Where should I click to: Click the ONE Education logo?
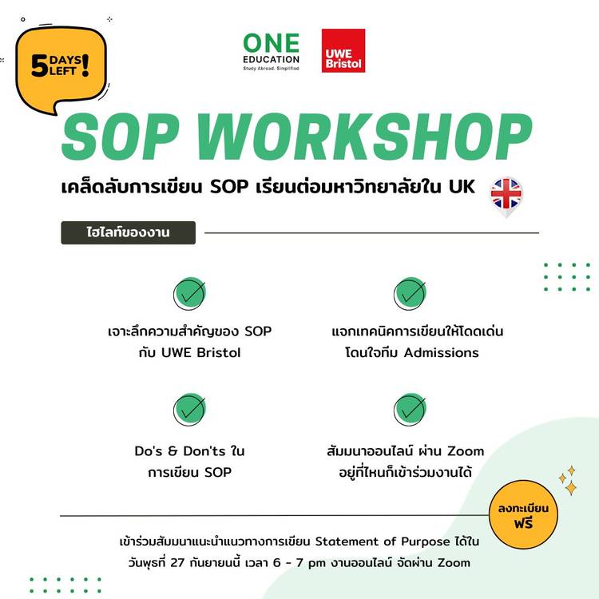272,52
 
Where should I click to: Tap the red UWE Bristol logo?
343,50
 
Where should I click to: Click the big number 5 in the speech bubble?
39,65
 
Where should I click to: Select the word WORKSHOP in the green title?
364,137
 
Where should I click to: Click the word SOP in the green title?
121,137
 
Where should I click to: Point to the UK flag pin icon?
506,196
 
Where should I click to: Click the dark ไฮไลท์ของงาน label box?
129,232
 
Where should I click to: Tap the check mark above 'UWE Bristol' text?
189,293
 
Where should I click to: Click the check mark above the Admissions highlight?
410,293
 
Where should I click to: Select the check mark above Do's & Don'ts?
189,409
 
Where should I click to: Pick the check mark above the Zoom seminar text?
410,409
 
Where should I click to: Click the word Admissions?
441,352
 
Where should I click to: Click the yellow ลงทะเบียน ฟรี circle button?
523,514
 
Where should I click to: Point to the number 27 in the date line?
177,563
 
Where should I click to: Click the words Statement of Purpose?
383,541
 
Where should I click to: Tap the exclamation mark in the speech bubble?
85,65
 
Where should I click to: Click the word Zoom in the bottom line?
454,563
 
